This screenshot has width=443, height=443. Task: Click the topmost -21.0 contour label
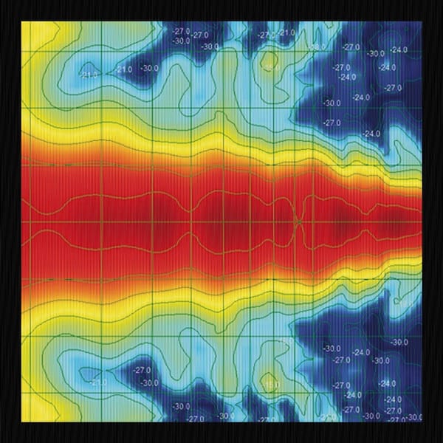point(286,32)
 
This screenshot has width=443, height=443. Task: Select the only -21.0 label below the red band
point(97,382)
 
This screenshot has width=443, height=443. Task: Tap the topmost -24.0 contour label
point(399,50)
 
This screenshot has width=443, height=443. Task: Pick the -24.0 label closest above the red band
point(372,134)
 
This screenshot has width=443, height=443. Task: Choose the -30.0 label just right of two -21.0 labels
point(151,69)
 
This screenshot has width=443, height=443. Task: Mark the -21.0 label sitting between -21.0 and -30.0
point(124,69)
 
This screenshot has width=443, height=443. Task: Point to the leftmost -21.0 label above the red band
point(91,75)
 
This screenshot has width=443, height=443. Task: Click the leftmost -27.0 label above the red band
point(181,31)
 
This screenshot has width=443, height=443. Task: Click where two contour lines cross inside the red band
point(298,220)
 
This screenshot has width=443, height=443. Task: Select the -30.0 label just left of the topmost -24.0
point(376,53)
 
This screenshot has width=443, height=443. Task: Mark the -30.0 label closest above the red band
point(332,103)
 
